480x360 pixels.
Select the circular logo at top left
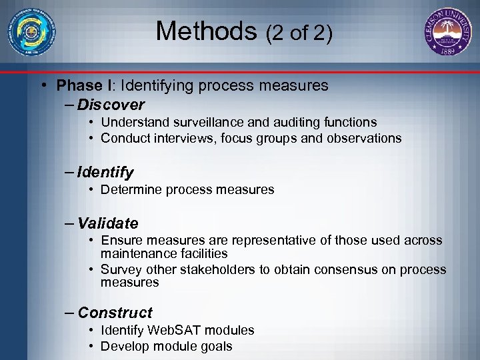(32, 31)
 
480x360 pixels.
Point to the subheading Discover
(111, 105)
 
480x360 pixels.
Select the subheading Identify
(105, 173)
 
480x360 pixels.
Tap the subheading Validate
(108, 223)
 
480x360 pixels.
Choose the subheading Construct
(115, 313)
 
